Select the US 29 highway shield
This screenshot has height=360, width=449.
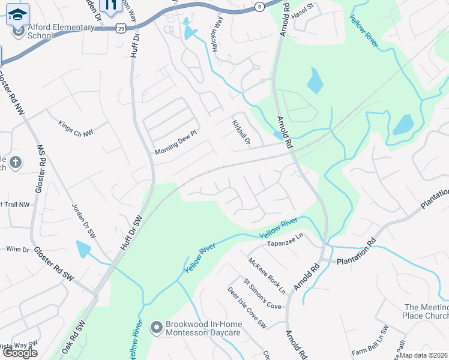coord(122,28)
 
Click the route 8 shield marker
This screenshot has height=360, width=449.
coord(259,6)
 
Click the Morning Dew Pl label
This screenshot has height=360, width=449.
coord(175,142)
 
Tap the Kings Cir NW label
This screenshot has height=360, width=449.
coord(76,128)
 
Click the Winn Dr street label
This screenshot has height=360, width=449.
coord(17,249)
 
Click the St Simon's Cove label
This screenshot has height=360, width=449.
coord(262,293)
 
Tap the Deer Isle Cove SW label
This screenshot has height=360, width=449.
coord(246,307)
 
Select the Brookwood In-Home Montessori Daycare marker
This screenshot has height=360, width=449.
coord(157,327)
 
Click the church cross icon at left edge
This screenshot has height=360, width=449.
coord(16,162)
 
